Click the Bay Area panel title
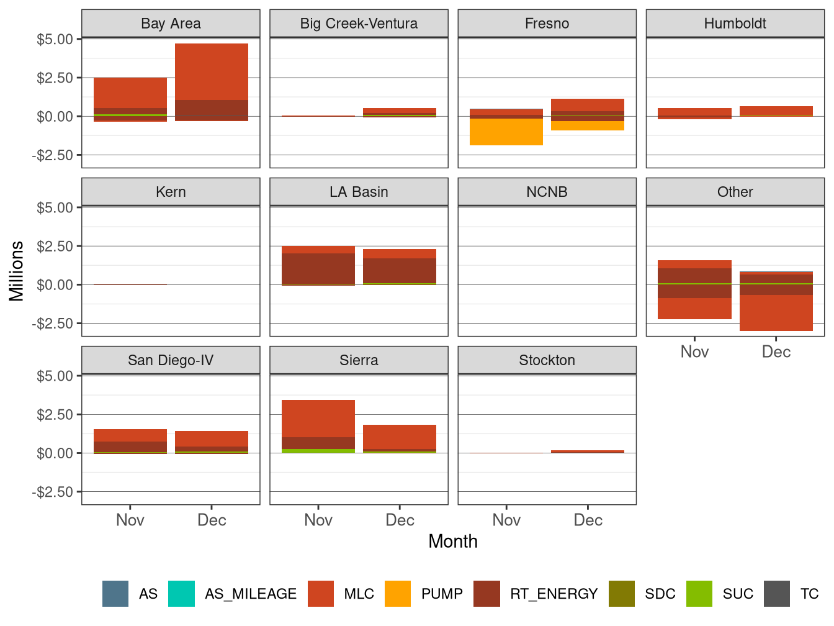(171, 24)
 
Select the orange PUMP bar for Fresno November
(506, 132)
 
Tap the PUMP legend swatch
(398, 594)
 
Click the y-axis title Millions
(17, 271)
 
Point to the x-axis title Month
(453, 542)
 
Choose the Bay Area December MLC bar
(212, 71)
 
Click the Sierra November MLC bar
(318, 419)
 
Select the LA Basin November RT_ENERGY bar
(318, 268)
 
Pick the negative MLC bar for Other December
(776, 313)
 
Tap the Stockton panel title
(547, 360)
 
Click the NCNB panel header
(547, 192)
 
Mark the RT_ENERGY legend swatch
(486, 594)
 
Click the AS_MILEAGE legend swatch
(181, 594)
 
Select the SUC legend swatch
(699, 594)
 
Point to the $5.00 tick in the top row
(55, 39)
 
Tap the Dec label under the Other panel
(776, 352)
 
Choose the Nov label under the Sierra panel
(318, 520)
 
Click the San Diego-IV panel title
(171, 360)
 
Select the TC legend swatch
(777, 594)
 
